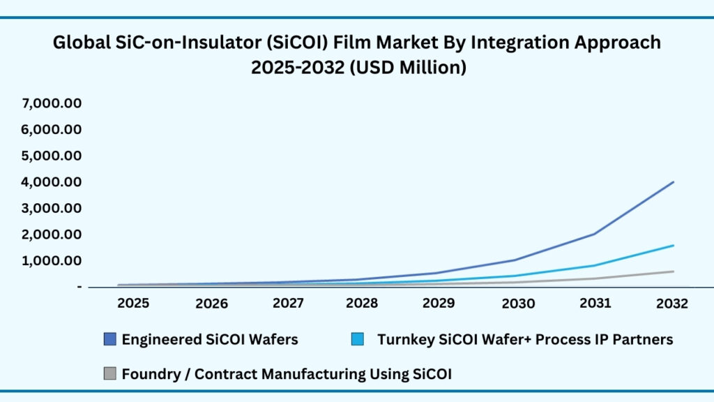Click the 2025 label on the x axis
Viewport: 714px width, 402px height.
coord(132,303)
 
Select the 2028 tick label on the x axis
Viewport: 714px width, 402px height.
coord(362,303)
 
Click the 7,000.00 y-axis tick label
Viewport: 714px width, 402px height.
coord(52,103)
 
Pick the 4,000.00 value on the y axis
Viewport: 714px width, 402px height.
coord(52,181)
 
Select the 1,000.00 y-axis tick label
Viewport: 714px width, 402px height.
coord(52,260)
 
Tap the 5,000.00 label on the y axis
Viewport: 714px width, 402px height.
coord(52,156)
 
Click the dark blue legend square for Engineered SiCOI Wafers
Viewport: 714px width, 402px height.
coord(109,340)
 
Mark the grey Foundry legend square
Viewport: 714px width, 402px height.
coord(109,374)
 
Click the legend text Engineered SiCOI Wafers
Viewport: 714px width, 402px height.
coord(210,340)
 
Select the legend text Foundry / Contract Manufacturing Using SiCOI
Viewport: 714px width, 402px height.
coord(287,374)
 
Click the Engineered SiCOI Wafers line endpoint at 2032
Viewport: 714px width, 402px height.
coord(673,181)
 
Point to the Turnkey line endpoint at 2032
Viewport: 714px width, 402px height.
coord(673,245)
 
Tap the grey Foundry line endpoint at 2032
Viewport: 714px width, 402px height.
coord(673,271)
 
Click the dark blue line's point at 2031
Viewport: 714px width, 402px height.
coord(595,234)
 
